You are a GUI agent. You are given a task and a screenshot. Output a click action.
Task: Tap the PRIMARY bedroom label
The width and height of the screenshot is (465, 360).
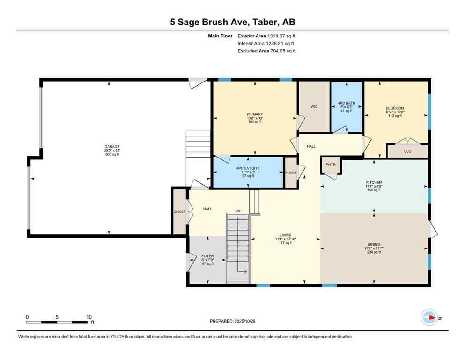click(x=255, y=114)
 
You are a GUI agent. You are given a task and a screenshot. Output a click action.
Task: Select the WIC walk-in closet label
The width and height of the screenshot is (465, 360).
click(x=314, y=107)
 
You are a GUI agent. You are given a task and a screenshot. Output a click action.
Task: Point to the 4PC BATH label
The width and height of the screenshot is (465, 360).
click(x=347, y=103)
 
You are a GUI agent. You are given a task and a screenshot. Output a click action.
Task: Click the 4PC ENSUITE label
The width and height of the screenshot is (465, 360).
click(x=248, y=168)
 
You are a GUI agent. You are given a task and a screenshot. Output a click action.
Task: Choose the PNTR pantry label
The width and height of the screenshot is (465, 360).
click(x=331, y=165)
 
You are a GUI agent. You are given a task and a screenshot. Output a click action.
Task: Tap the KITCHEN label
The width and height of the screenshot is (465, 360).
click(x=374, y=182)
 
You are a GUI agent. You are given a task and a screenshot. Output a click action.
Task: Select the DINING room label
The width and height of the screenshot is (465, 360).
click(x=374, y=244)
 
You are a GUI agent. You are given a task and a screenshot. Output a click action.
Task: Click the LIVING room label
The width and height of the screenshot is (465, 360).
click(x=286, y=235)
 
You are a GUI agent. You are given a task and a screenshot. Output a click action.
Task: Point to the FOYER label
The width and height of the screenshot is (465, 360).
click(x=207, y=256)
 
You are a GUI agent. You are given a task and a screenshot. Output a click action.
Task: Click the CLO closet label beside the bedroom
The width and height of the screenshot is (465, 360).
click(x=407, y=151)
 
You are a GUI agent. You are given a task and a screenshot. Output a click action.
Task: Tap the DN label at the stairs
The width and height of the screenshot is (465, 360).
click(x=238, y=211)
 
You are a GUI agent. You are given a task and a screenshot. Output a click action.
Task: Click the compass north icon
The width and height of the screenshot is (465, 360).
click(x=428, y=318)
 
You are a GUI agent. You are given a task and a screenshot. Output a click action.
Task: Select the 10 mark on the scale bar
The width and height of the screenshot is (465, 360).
click(x=89, y=317)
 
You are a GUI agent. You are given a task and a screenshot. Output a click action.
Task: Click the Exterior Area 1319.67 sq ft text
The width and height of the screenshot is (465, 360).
click(x=266, y=35)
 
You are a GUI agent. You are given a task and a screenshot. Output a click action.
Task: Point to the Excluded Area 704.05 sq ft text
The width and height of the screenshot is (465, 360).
click(x=266, y=51)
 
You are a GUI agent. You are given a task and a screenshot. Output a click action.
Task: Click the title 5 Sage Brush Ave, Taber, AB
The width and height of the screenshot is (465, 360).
click(x=232, y=22)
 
